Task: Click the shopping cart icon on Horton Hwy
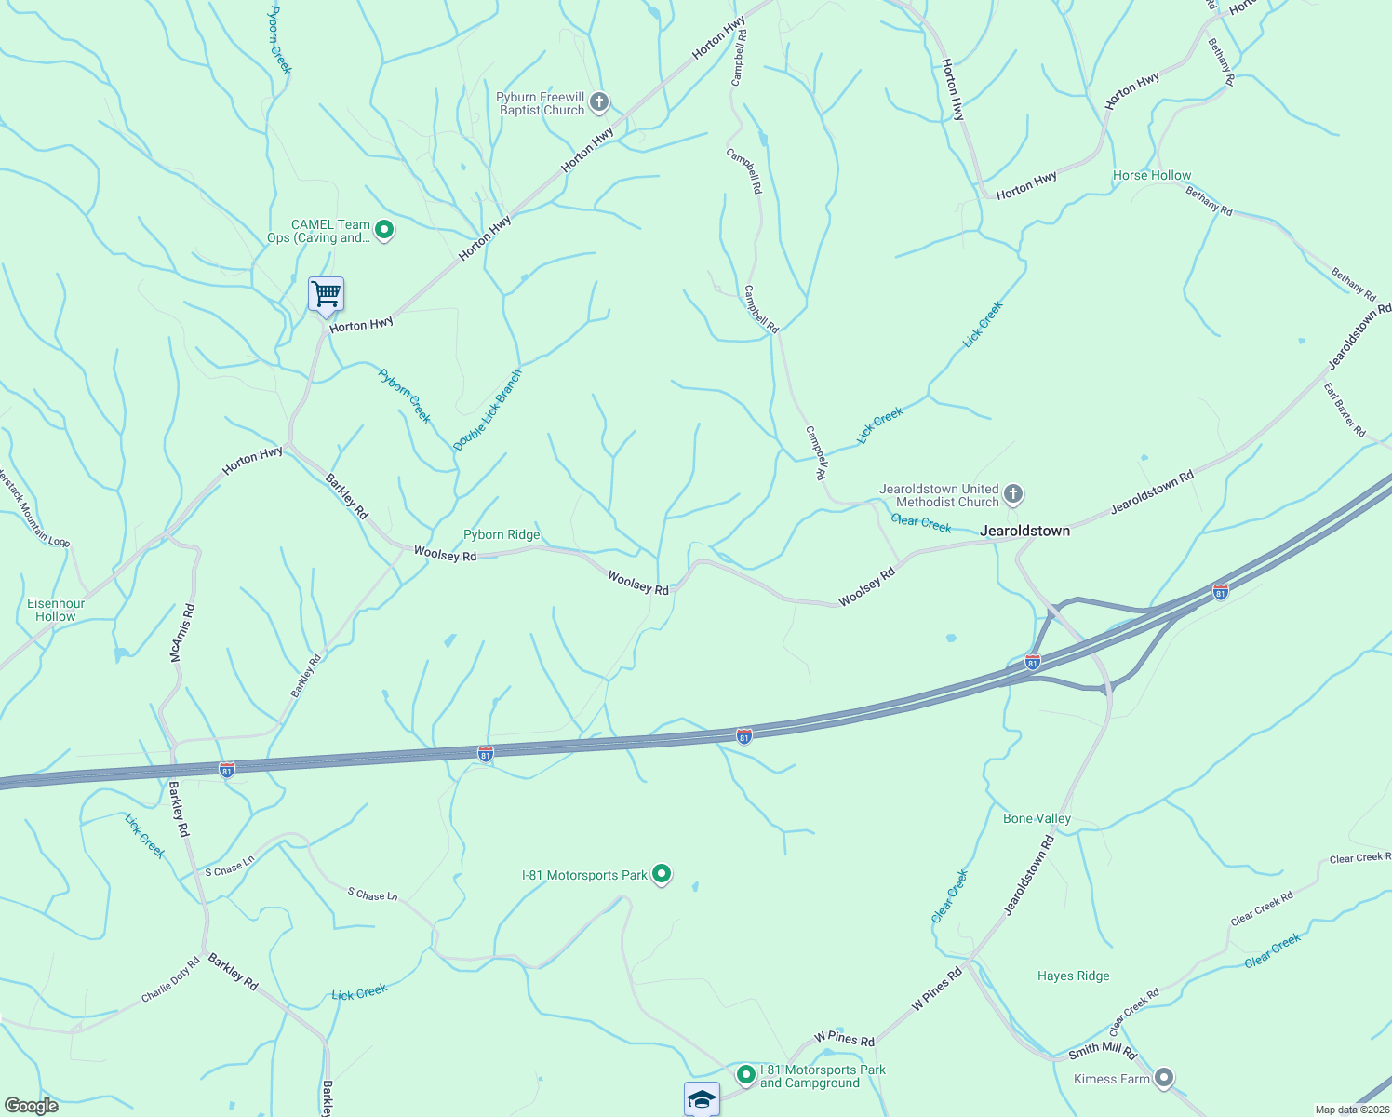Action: (326, 295)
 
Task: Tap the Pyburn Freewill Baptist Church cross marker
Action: (599, 101)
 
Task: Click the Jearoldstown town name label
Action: (1025, 531)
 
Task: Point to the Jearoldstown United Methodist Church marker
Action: (1013, 493)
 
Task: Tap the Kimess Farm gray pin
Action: (1163, 1078)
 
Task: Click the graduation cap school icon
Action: (702, 1098)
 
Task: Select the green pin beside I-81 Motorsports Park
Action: (662, 873)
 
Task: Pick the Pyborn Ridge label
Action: (502, 534)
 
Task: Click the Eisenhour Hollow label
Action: (56, 610)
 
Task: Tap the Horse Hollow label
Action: (1152, 175)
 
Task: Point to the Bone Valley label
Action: (1037, 818)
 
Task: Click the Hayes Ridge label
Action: (1074, 976)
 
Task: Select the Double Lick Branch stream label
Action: (488, 410)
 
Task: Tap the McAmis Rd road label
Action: (182, 633)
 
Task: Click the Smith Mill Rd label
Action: (1103, 1052)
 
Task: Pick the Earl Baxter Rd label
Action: (1345, 410)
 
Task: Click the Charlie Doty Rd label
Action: (170, 980)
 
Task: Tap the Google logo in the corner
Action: (31, 1106)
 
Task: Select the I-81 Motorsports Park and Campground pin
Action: (746, 1074)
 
